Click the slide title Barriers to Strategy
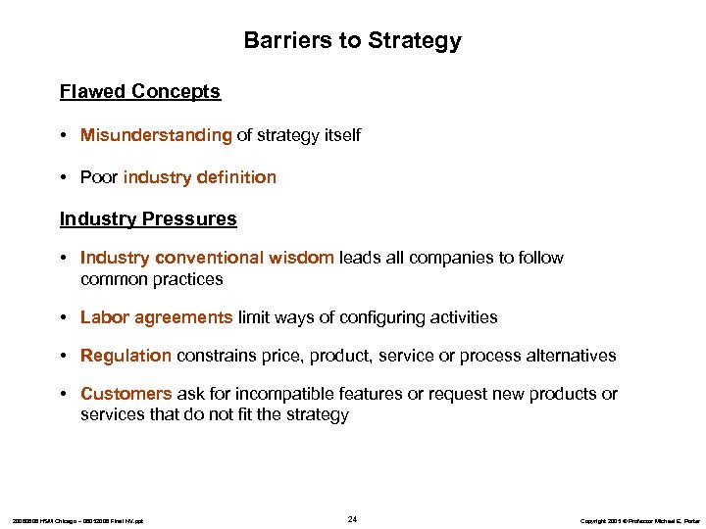352,41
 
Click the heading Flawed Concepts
140,92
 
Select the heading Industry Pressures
148,219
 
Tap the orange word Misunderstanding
156,135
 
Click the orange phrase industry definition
200,177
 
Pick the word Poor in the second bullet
99,177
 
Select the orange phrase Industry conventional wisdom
207,258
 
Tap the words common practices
152,279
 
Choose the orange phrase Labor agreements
157,317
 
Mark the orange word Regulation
126,356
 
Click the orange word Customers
126,394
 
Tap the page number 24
352,518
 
